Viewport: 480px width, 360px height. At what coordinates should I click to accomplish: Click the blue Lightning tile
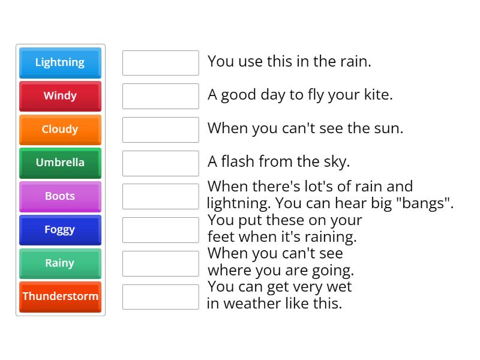(x=60, y=62)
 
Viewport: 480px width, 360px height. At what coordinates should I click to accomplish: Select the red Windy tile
(x=60, y=96)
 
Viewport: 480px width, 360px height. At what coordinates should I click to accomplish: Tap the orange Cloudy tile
(x=60, y=130)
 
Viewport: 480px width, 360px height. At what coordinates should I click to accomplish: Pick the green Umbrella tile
(x=60, y=163)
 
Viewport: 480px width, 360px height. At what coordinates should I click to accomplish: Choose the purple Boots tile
(x=60, y=196)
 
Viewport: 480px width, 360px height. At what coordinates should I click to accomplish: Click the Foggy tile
(x=60, y=230)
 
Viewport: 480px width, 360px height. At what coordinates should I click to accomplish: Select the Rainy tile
(x=60, y=263)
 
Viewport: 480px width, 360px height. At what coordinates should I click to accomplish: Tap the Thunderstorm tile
(x=60, y=296)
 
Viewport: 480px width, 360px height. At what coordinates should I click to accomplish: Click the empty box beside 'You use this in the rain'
(x=160, y=63)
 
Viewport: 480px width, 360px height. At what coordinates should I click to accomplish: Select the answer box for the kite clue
(x=160, y=96)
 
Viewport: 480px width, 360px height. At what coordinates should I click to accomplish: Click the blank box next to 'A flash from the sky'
(x=160, y=163)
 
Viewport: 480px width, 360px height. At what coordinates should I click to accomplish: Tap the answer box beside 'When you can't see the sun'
(x=160, y=130)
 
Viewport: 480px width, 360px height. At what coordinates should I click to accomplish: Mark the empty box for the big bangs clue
(x=160, y=196)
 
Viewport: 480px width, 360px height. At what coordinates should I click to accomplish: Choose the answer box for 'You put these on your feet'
(x=160, y=230)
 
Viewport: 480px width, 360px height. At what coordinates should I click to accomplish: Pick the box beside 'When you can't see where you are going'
(x=160, y=263)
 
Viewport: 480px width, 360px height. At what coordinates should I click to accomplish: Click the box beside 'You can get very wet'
(x=160, y=296)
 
